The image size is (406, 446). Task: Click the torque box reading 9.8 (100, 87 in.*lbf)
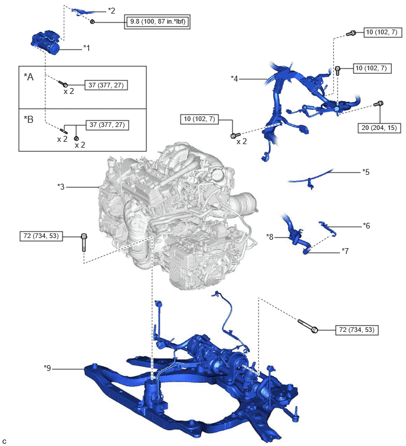tap(157, 22)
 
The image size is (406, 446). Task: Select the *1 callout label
tap(86, 48)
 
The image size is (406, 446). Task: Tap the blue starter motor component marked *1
tap(45, 43)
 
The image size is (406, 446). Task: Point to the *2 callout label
tap(112, 11)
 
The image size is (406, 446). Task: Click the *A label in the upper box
tap(28, 77)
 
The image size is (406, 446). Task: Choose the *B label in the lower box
tap(28, 119)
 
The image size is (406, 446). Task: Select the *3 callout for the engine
tap(61, 187)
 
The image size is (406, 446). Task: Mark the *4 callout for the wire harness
tap(234, 78)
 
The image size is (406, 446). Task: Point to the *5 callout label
tap(366, 172)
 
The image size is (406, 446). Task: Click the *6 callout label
tap(366, 226)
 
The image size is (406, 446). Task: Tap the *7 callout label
tap(345, 251)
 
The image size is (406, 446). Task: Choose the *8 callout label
tap(270, 237)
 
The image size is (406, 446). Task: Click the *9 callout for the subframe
tap(47, 368)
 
